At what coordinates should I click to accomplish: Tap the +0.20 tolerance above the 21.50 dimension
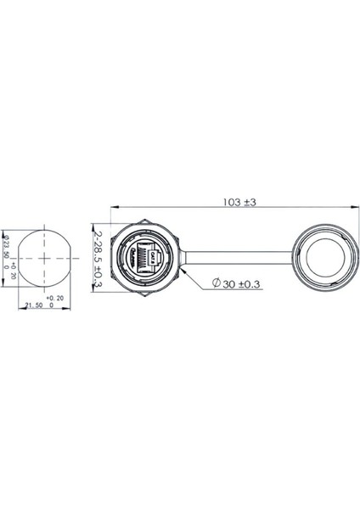point(55,298)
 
